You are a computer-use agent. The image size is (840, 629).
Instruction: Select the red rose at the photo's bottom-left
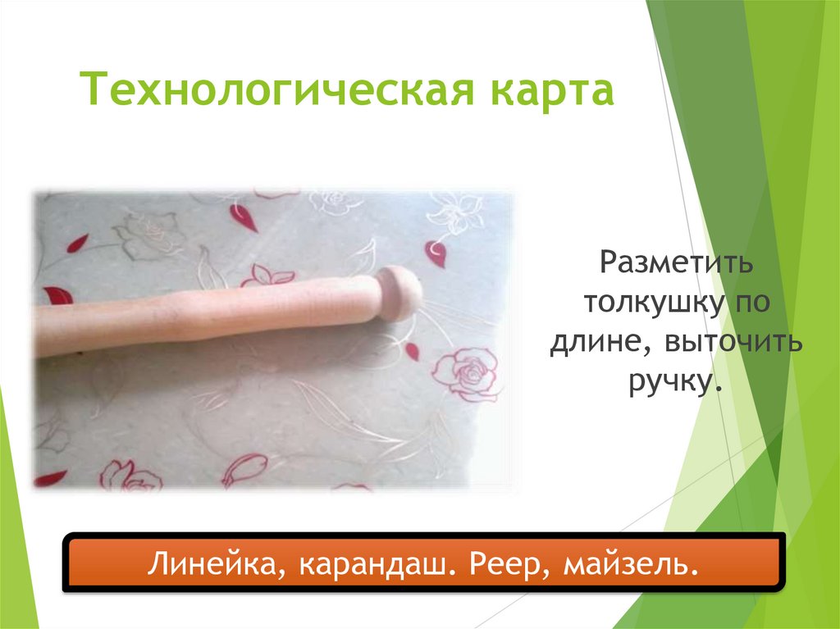(123, 475)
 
